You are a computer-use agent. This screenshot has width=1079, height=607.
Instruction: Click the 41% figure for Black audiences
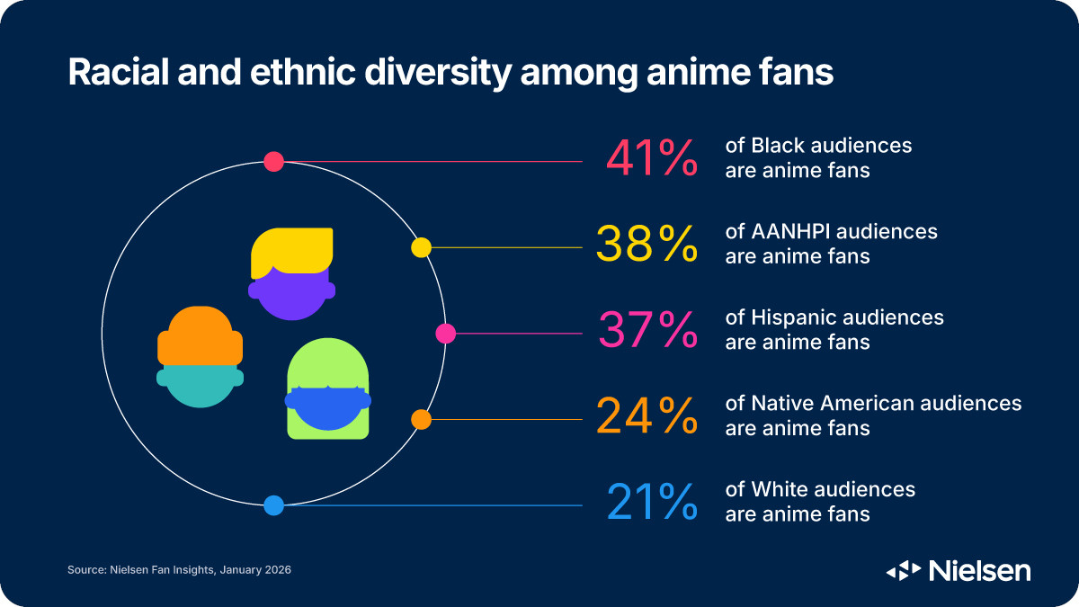point(652,157)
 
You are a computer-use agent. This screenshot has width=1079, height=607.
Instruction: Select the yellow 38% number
point(647,244)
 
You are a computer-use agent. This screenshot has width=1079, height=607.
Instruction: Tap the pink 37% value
point(647,330)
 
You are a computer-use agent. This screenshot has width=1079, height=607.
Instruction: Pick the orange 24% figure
point(647,416)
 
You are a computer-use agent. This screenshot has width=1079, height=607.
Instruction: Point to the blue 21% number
point(652,503)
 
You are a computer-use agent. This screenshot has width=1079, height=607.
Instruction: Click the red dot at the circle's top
point(274,162)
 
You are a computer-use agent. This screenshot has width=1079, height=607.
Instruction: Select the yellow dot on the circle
point(421,247)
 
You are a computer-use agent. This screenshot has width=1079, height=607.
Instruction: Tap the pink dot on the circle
point(445,334)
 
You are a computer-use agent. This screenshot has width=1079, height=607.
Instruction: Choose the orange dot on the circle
point(421,419)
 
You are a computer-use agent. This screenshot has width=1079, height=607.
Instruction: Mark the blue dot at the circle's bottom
point(274,505)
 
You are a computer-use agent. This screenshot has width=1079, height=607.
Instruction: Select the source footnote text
point(179,570)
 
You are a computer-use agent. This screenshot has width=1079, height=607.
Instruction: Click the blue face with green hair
point(328,406)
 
